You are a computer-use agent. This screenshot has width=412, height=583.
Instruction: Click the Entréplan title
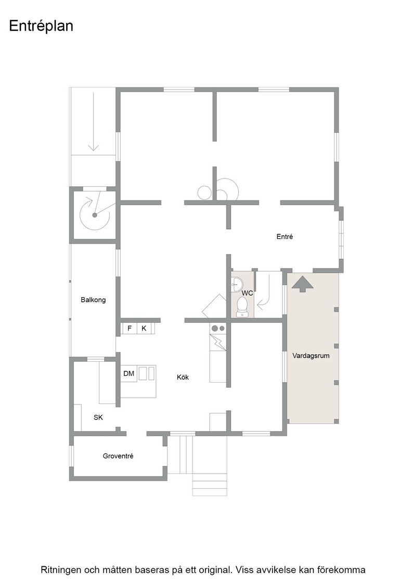[41, 27]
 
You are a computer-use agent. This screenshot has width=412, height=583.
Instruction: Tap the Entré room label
[285, 236]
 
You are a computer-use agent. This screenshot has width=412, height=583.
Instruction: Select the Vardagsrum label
[311, 356]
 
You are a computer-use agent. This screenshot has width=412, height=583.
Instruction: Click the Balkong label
[93, 300]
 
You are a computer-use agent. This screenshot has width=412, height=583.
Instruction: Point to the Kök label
[183, 377]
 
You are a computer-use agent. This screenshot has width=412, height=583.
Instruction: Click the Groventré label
[118, 456]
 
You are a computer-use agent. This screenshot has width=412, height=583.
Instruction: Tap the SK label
[98, 417]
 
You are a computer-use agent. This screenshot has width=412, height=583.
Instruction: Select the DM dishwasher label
[129, 373]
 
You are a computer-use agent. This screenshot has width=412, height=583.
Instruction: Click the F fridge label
[130, 328]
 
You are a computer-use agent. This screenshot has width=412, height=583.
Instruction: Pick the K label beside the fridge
[144, 328]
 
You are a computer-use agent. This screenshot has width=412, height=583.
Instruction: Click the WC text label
[247, 293]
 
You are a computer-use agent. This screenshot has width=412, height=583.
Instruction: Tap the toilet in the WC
[242, 308]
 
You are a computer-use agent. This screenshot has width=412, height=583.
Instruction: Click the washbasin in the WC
[237, 284]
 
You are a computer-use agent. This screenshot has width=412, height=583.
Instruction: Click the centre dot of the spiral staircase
[95, 215]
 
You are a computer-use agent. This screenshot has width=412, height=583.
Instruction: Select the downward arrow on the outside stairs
[93, 122]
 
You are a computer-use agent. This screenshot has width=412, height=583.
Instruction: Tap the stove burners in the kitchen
[218, 328]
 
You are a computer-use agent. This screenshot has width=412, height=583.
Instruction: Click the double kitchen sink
[147, 373]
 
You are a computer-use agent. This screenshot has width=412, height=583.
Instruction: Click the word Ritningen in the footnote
[58, 569]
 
